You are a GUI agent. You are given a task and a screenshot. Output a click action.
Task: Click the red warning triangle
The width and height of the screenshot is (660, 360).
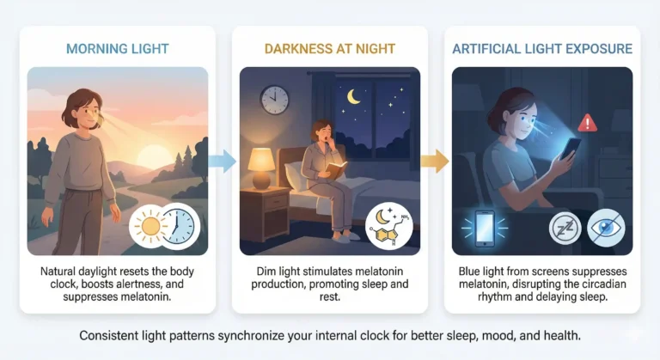(x=589, y=122)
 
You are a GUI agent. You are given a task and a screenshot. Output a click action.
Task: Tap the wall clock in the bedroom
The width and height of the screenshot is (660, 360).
(x=274, y=100)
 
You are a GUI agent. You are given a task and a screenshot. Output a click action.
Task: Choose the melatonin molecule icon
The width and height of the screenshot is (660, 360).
(x=388, y=227)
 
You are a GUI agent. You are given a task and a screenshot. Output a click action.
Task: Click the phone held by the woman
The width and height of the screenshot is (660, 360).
(x=571, y=151)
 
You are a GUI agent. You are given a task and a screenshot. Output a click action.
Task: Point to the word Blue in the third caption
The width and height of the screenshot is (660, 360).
(x=472, y=272)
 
